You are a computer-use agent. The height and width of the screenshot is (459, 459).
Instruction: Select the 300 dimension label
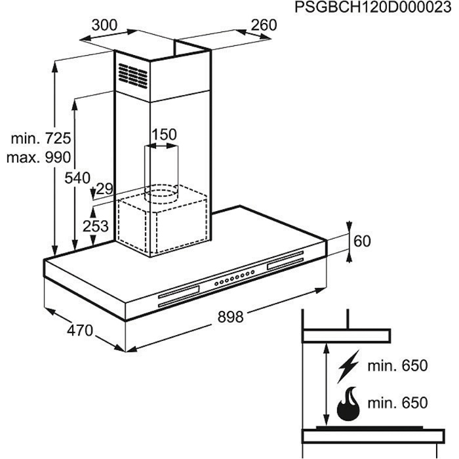pos(104,26)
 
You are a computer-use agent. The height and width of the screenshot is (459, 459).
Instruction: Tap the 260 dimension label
pos(264,26)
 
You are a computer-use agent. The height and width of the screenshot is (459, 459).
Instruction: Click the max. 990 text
pos(39,157)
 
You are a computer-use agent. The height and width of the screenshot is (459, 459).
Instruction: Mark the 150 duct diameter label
pos(164,134)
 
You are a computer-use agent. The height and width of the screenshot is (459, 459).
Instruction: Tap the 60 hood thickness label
pos(362,241)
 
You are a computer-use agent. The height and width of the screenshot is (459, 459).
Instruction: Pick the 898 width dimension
pos(230,317)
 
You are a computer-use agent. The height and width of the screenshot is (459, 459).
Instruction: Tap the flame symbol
pos(347,404)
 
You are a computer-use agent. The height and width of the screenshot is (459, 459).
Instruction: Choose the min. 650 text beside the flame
pos(397,403)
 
